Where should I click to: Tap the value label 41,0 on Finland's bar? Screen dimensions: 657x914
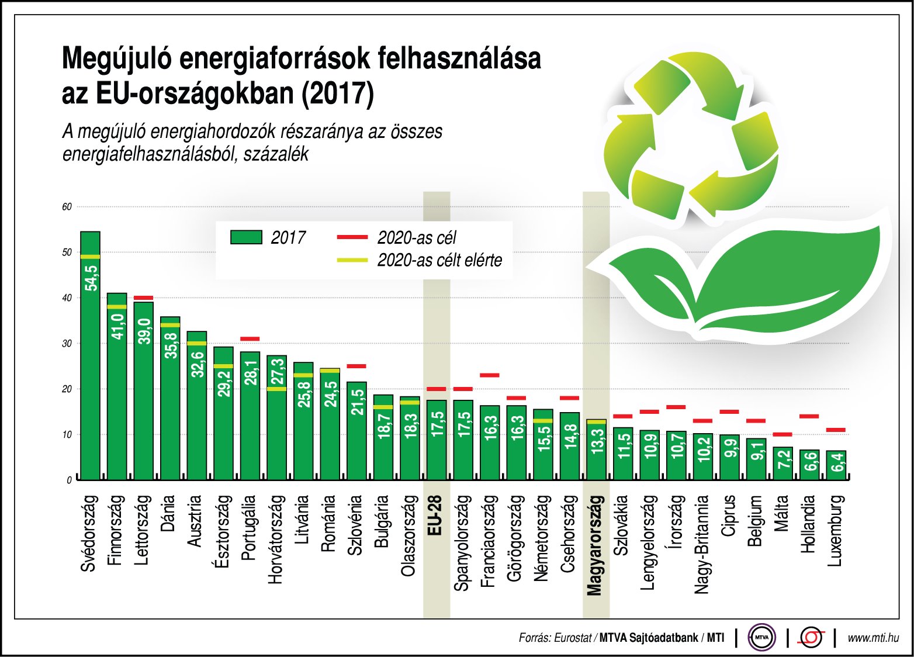click(x=117, y=326)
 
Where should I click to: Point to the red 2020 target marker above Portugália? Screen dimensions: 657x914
click(x=250, y=339)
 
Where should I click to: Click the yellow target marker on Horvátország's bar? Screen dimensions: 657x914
click(x=276, y=389)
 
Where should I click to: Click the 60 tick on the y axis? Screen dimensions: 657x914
click(x=67, y=207)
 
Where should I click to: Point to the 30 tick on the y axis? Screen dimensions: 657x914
click(x=67, y=344)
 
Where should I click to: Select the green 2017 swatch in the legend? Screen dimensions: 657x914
click(x=246, y=237)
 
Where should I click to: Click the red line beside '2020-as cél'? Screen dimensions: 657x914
click(x=352, y=237)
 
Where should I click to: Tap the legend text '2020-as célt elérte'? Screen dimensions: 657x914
click(x=439, y=260)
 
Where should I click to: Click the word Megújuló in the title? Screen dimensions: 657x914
click(x=116, y=59)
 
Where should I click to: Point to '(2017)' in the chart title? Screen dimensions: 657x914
click(x=337, y=94)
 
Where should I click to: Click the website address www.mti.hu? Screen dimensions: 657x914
click(x=873, y=638)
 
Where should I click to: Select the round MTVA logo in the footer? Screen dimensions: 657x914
click(x=761, y=638)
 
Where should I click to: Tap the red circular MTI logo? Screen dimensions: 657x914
click(x=812, y=638)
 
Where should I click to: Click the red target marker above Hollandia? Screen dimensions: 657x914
click(x=809, y=416)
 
